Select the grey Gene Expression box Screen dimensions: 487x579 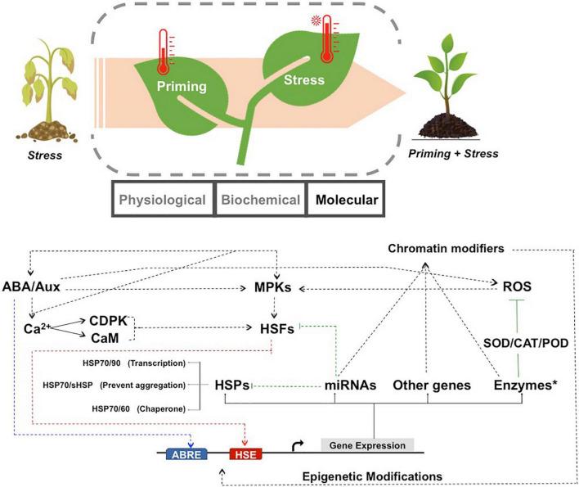pos(368,444)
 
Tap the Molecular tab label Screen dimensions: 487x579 pos(344,198)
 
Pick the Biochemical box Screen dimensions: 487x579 pos(259,198)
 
